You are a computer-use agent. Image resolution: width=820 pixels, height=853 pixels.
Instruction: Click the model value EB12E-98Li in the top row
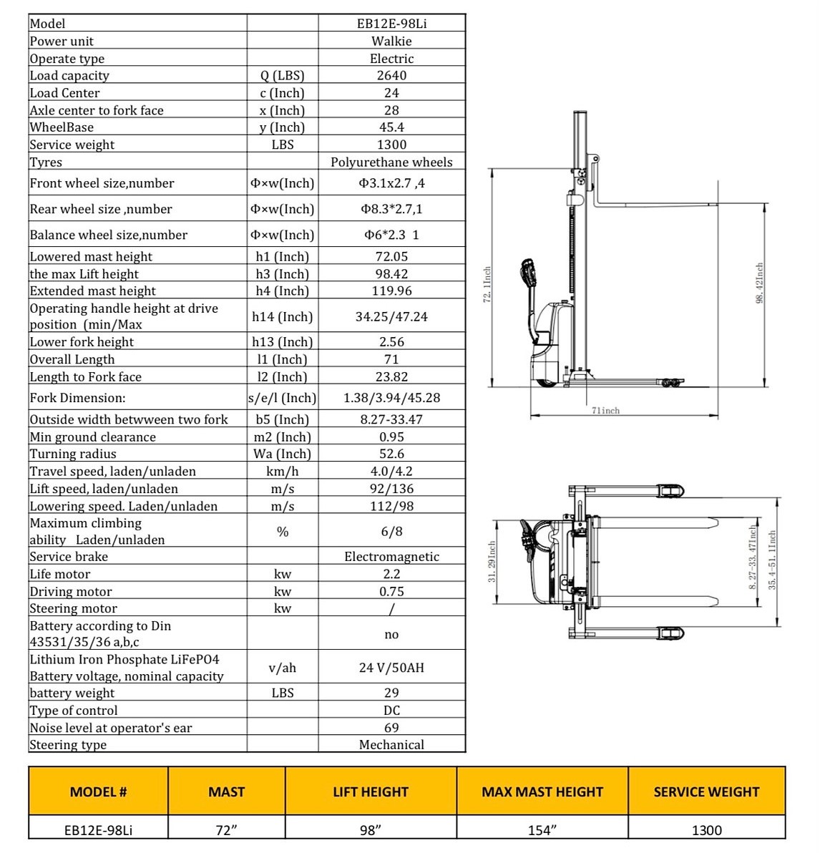coord(391,24)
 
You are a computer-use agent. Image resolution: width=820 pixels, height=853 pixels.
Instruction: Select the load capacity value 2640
coord(391,75)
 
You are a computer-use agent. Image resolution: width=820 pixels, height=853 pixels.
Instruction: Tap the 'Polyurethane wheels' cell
coord(391,162)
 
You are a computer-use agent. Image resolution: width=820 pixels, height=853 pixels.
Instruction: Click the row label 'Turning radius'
coord(73,454)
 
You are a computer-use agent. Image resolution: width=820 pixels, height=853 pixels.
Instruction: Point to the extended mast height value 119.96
coord(391,291)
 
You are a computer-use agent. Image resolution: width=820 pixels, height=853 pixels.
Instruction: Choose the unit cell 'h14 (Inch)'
coord(282,317)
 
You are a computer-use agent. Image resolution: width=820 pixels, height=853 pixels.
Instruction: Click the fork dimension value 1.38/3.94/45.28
coord(391,398)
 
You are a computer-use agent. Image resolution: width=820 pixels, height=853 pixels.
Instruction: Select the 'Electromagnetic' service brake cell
coord(391,557)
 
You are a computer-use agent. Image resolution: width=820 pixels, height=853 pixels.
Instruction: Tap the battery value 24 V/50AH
coord(391,668)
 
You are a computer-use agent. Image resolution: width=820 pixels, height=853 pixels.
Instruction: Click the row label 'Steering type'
coord(68,745)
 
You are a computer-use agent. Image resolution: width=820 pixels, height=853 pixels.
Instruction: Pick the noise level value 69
coord(391,728)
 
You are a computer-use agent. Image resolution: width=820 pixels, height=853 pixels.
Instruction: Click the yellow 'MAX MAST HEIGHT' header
coord(542,792)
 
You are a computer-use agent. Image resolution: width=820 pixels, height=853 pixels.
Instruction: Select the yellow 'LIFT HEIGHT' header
coord(371,792)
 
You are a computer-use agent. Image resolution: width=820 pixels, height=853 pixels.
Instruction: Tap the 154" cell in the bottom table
coord(542,830)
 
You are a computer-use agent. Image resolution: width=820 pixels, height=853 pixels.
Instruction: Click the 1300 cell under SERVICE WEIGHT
coord(706,830)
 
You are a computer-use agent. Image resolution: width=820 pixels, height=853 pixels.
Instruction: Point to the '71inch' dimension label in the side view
coord(605,411)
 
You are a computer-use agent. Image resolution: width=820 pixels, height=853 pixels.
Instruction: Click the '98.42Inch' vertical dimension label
coord(760,283)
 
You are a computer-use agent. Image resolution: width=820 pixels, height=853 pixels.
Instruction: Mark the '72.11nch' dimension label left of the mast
coord(487,285)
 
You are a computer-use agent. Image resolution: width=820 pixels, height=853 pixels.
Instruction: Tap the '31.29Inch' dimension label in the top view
coord(492,562)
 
